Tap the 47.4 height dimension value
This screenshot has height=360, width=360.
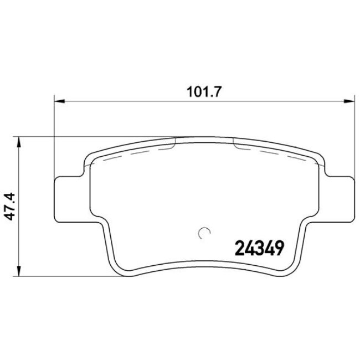[9, 207]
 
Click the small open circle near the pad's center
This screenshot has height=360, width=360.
[204, 234]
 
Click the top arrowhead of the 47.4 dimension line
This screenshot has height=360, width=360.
[20, 141]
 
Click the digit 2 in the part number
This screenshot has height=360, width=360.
[240, 248]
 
